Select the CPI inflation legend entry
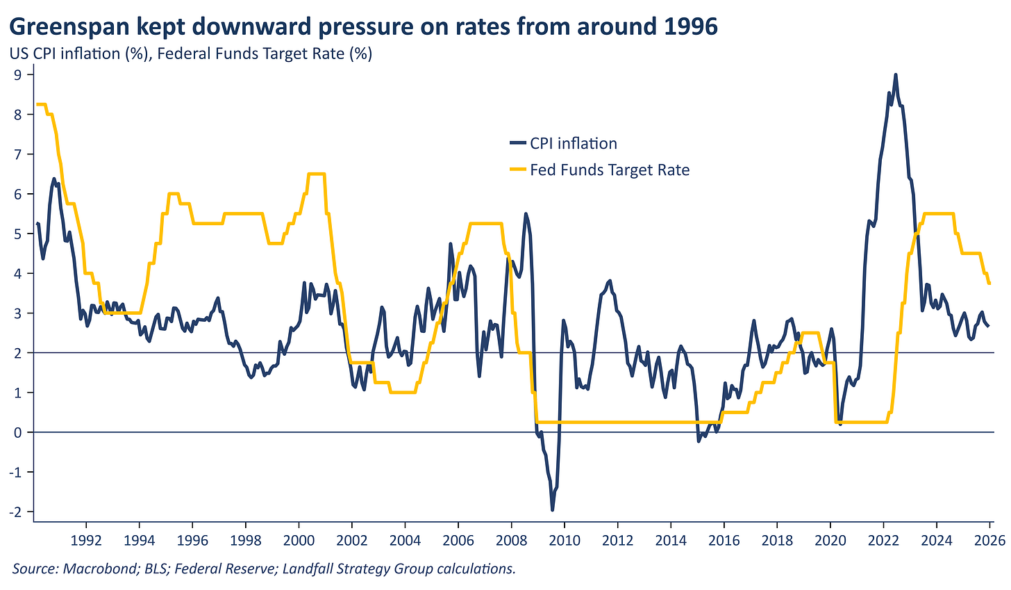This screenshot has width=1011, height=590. click(x=573, y=144)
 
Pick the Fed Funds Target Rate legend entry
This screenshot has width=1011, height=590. click(x=609, y=170)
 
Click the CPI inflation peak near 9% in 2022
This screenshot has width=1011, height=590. click(x=896, y=74)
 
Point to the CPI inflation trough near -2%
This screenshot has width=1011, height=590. click(x=553, y=510)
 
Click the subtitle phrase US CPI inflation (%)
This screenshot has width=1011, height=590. click(x=78, y=54)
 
